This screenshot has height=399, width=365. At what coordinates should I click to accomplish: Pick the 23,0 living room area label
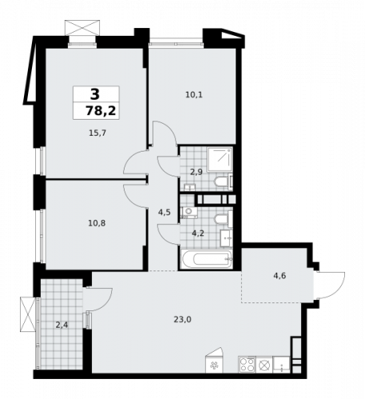coord(182,320)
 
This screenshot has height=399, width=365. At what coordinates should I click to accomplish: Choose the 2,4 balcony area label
coord(62,324)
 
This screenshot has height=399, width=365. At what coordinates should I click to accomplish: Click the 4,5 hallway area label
coord(165,211)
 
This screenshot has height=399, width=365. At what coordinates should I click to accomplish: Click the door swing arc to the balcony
coord(97,298)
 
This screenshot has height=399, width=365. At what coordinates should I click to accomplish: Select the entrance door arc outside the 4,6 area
coord(331,281)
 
